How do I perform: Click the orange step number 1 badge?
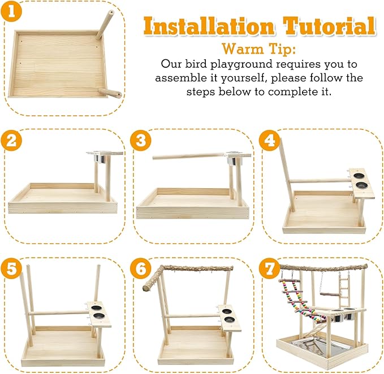click(11, 11)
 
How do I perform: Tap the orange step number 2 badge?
click(11, 141)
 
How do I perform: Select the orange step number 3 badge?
click(141, 141)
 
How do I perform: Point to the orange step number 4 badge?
click(270, 141)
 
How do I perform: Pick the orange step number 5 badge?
click(11, 268)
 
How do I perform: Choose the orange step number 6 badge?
click(141, 268)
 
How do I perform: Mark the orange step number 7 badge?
click(270, 268)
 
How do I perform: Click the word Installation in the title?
click(209, 25)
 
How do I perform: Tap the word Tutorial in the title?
click(329, 25)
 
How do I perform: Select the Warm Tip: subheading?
click(259, 49)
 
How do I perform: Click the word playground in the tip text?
click(241, 64)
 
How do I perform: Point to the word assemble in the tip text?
click(181, 78)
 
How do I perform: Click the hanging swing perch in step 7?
click(327, 294)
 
